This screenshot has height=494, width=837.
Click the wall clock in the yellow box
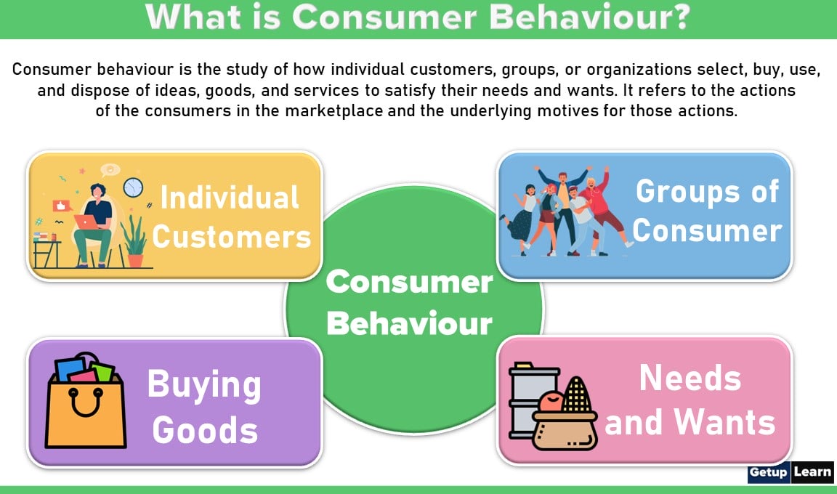click(x=133, y=187)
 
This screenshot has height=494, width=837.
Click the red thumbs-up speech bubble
click(x=60, y=206)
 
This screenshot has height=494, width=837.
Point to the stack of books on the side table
click(x=44, y=236)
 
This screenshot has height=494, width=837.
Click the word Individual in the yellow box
click(x=230, y=198)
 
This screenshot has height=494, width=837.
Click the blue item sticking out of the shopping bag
click(x=70, y=368)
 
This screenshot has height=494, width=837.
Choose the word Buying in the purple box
click(x=204, y=385)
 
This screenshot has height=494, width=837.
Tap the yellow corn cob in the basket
click(x=578, y=397)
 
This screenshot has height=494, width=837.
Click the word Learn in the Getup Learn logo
click(x=812, y=472)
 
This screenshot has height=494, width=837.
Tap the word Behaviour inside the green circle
click(x=410, y=323)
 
